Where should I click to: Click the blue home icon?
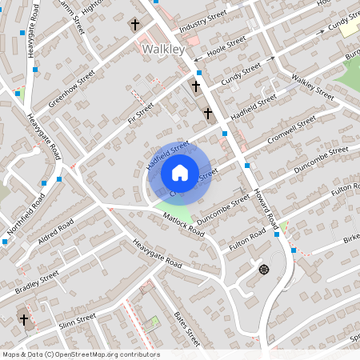(x=179, y=172)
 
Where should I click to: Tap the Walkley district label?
(x=162, y=50)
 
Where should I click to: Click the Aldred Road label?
(x=55, y=232)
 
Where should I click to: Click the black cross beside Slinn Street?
(x=24, y=320)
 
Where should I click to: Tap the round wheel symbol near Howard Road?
(x=263, y=269)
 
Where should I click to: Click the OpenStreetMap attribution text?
(x=80, y=354)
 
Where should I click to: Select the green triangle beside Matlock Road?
(x=180, y=211)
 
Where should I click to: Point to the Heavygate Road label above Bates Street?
(x=158, y=255)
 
